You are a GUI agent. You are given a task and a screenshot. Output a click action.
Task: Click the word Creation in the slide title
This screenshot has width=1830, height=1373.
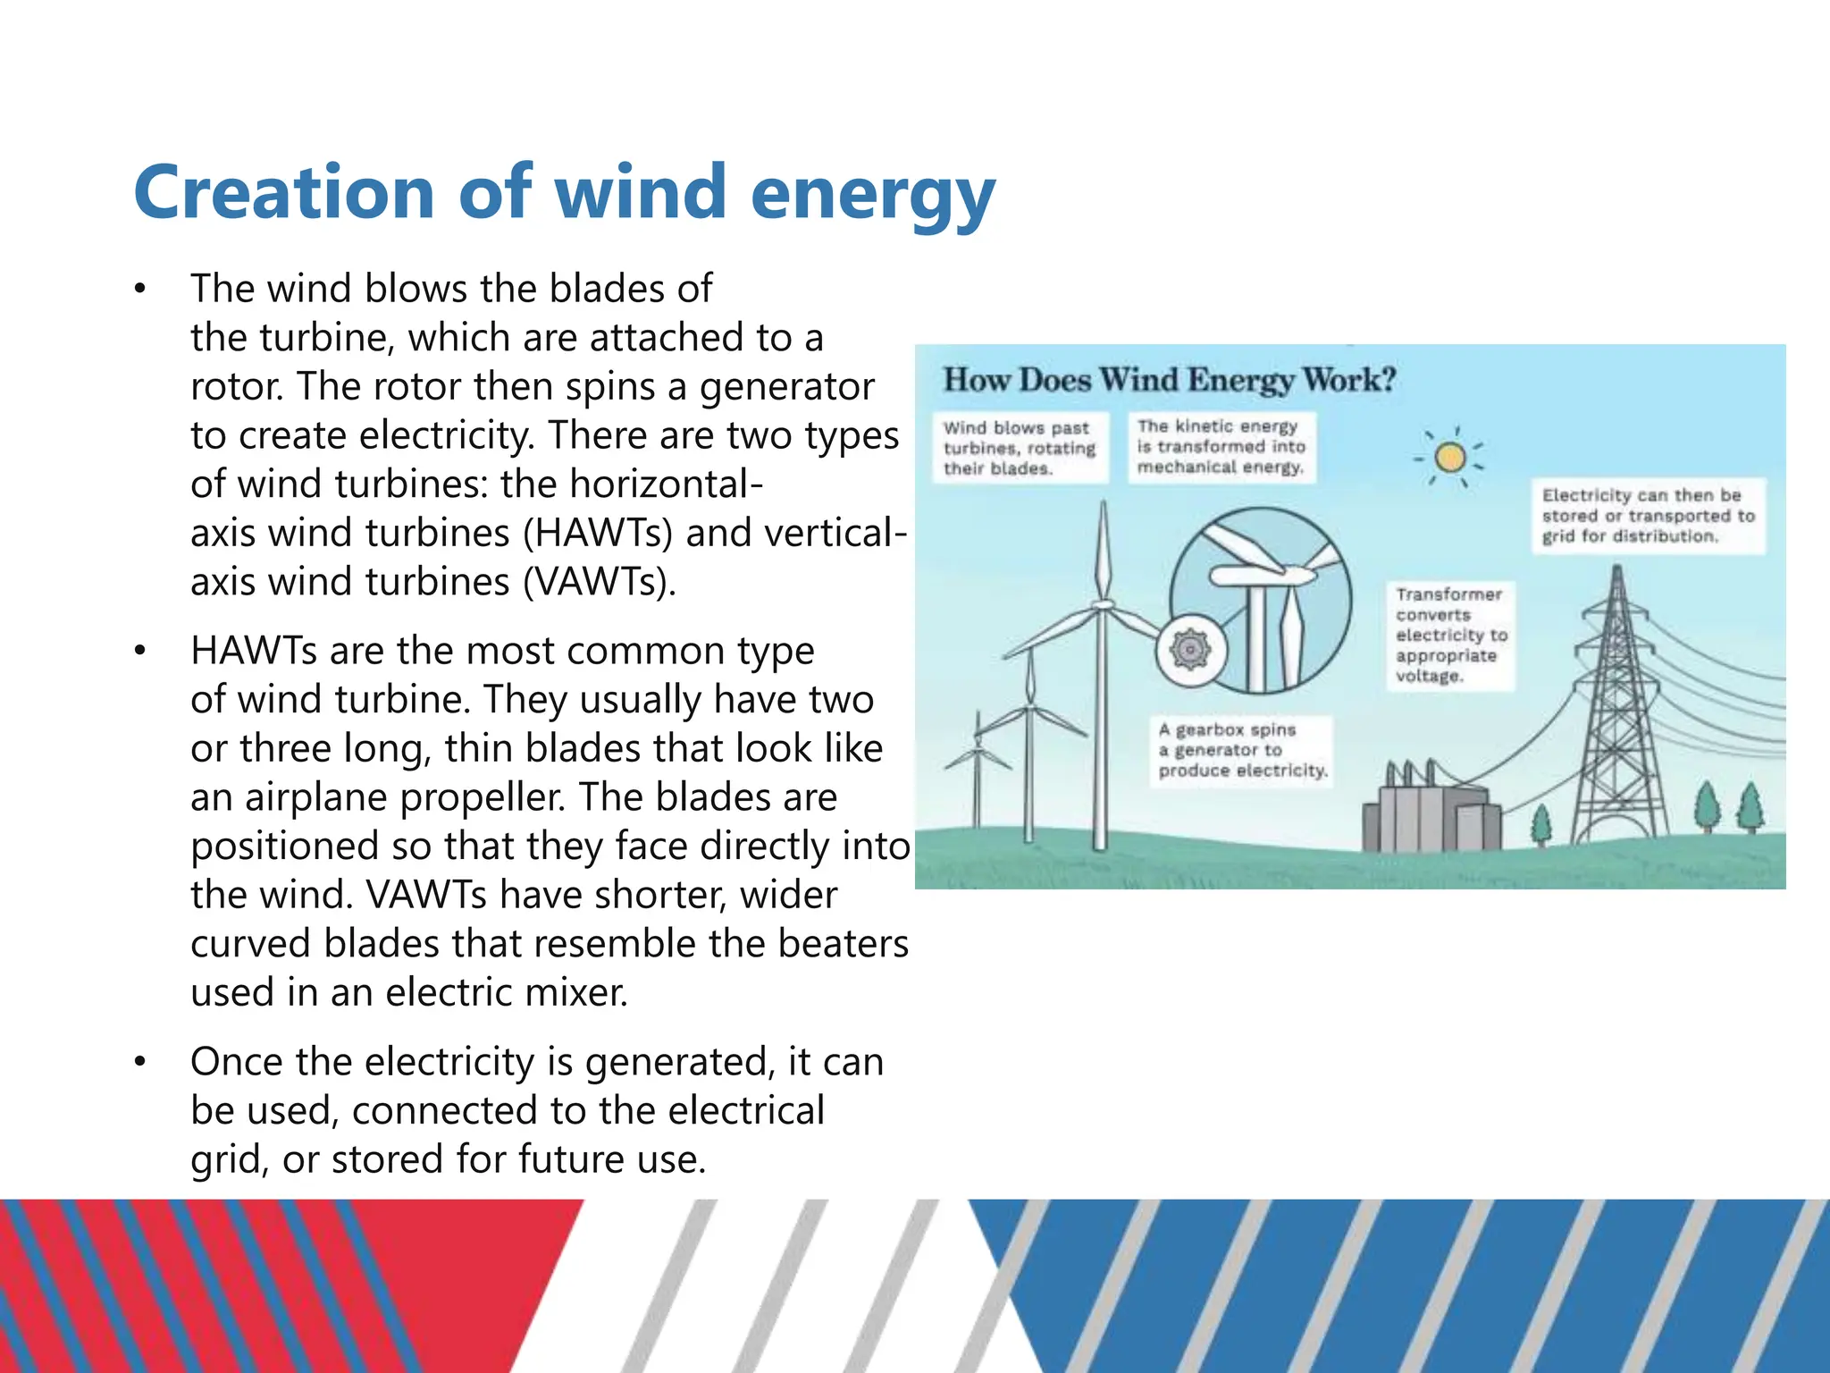click(x=284, y=192)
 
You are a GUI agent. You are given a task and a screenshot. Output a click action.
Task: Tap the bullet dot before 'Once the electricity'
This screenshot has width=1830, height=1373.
click(x=139, y=1063)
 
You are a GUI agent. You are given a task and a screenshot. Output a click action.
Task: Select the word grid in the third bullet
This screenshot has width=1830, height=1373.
click(x=228, y=1160)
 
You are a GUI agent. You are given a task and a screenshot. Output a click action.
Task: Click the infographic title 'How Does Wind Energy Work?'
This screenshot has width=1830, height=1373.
click(x=1169, y=380)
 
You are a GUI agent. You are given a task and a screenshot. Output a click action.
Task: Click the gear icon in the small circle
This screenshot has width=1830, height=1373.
click(x=1190, y=650)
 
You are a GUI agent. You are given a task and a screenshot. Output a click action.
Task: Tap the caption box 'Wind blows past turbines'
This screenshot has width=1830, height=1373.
click(x=1020, y=448)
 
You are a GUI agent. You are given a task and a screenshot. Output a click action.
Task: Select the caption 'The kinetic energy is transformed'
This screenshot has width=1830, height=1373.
click(x=1221, y=447)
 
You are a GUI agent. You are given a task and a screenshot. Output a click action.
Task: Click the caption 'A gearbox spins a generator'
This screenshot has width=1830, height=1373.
click(x=1240, y=751)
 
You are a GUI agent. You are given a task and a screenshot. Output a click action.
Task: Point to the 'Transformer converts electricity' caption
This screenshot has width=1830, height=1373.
click(x=1449, y=635)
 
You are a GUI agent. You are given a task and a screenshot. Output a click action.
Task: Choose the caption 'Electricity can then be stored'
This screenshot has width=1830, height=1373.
click(x=1647, y=516)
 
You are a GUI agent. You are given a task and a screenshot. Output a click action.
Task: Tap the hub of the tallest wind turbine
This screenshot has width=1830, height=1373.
click(x=1104, y=605)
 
